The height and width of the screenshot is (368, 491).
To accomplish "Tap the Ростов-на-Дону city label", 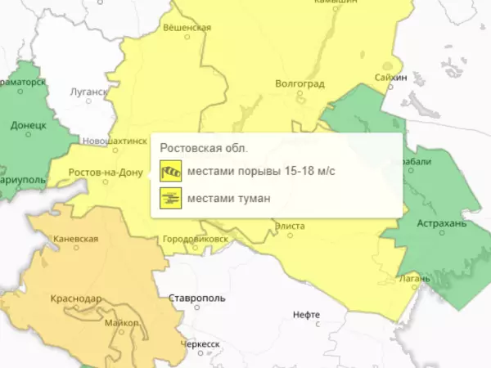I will click(x=95, y=173).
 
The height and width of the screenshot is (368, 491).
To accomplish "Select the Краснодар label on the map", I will click(x=75, y=299).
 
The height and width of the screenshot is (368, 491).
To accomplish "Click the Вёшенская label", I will click(x=187, y=28).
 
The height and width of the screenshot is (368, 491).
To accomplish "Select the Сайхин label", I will click(x=392, y=77).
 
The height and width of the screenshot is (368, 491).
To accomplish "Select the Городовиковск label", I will click(x=196, y=239).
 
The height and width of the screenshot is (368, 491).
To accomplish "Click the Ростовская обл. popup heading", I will click(x=204, y=148).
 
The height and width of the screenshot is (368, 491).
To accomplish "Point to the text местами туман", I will click(x=228, y=197).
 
